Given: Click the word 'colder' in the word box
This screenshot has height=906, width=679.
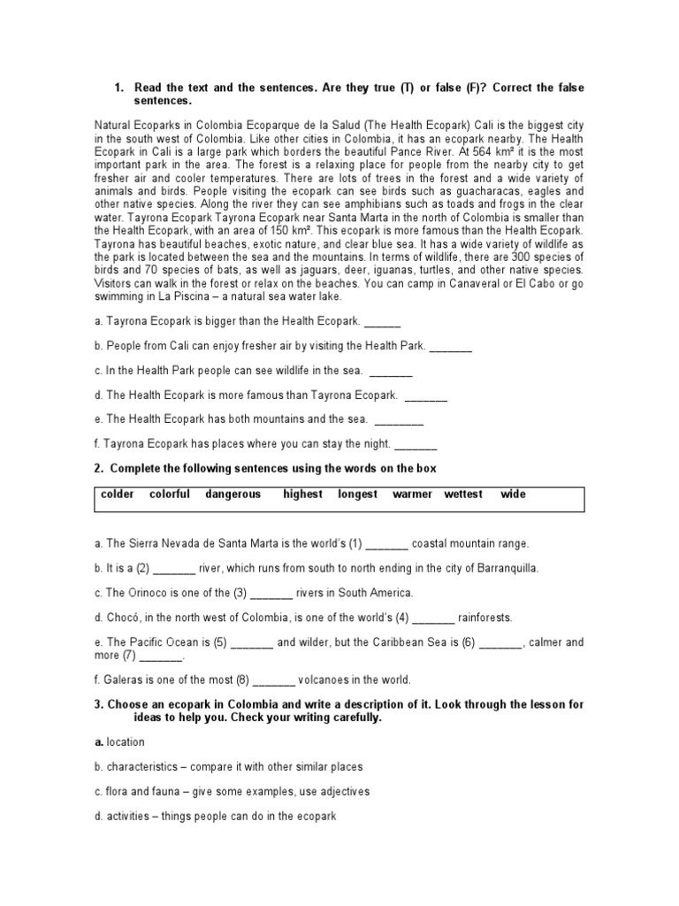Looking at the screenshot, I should pyautogui.click(x=117, y=495).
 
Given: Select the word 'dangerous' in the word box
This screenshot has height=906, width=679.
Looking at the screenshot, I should pyautogui.click(x=233, y=495).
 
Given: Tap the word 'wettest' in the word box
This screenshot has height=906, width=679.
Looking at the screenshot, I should pyautogui.click(x=463, y=495).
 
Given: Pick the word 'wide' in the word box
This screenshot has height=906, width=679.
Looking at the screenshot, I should pyautogui.click(x=513, y=495).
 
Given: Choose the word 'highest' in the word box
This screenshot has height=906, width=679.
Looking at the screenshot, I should pyautogui.click(x=302, y=495).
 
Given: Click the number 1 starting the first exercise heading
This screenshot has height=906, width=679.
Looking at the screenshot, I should pyautogui.click(x=118, y=88).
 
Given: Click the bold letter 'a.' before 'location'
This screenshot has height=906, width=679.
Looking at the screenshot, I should pyautogui.click(x=99, y=742).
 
